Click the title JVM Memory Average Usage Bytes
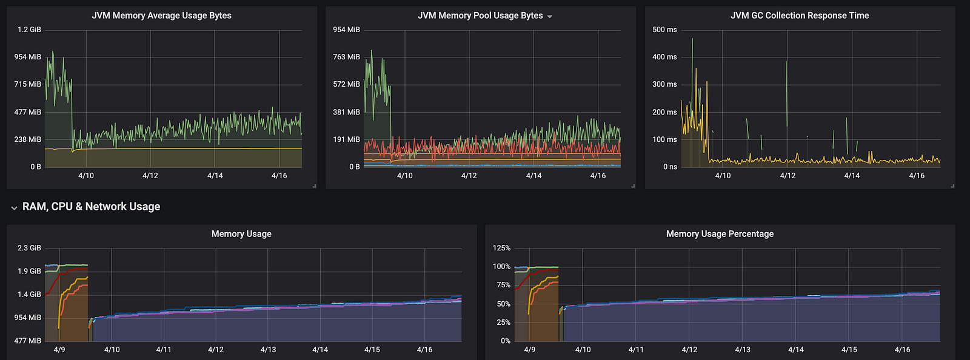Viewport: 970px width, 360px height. pos(161,16)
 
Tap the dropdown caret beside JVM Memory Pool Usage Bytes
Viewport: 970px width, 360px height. pos(550,17)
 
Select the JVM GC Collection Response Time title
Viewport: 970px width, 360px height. pos(800,16)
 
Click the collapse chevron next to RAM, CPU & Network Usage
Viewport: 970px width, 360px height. pos(14,208)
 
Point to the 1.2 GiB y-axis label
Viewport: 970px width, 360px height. pos(29,30)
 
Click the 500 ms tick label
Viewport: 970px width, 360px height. pos(664,30)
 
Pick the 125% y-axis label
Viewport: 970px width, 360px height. pos(501,248)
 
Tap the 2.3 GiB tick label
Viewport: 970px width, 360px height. pos(29,248)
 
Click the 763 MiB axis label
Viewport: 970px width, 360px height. pos(346,57)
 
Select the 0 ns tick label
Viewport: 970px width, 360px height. pos(669,167)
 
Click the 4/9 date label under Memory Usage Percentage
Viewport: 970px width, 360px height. pos(529,350)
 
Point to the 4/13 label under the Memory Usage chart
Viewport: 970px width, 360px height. pos(268,350)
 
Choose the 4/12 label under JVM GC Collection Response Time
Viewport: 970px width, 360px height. pos(788,176)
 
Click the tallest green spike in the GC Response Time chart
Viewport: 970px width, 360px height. pos(692,41)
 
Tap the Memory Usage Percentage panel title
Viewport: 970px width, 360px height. pos(720,234)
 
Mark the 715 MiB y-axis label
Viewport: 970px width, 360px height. pos(27,84)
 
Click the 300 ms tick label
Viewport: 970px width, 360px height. pos(664,84)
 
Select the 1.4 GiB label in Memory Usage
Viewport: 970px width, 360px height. pos(29,295)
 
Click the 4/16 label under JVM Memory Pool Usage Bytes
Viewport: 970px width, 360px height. pos(598,176)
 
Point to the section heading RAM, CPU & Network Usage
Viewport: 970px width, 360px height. pos(91,207)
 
